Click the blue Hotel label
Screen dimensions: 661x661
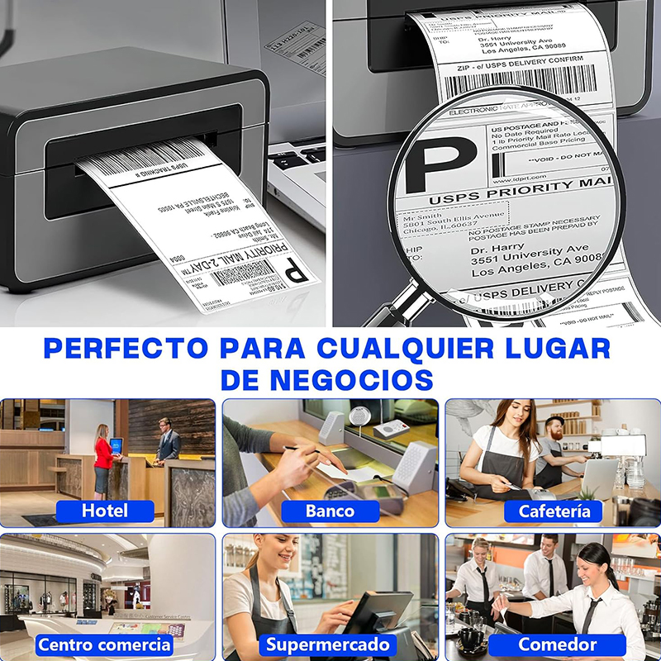click(x=105, y=511)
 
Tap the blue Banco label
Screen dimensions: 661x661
click(x=330, y=511)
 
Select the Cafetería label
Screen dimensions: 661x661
click(x=554, y=511)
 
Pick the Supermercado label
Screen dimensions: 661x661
click(x=327, y=644)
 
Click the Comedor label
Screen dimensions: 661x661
click(x=557, y=644)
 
